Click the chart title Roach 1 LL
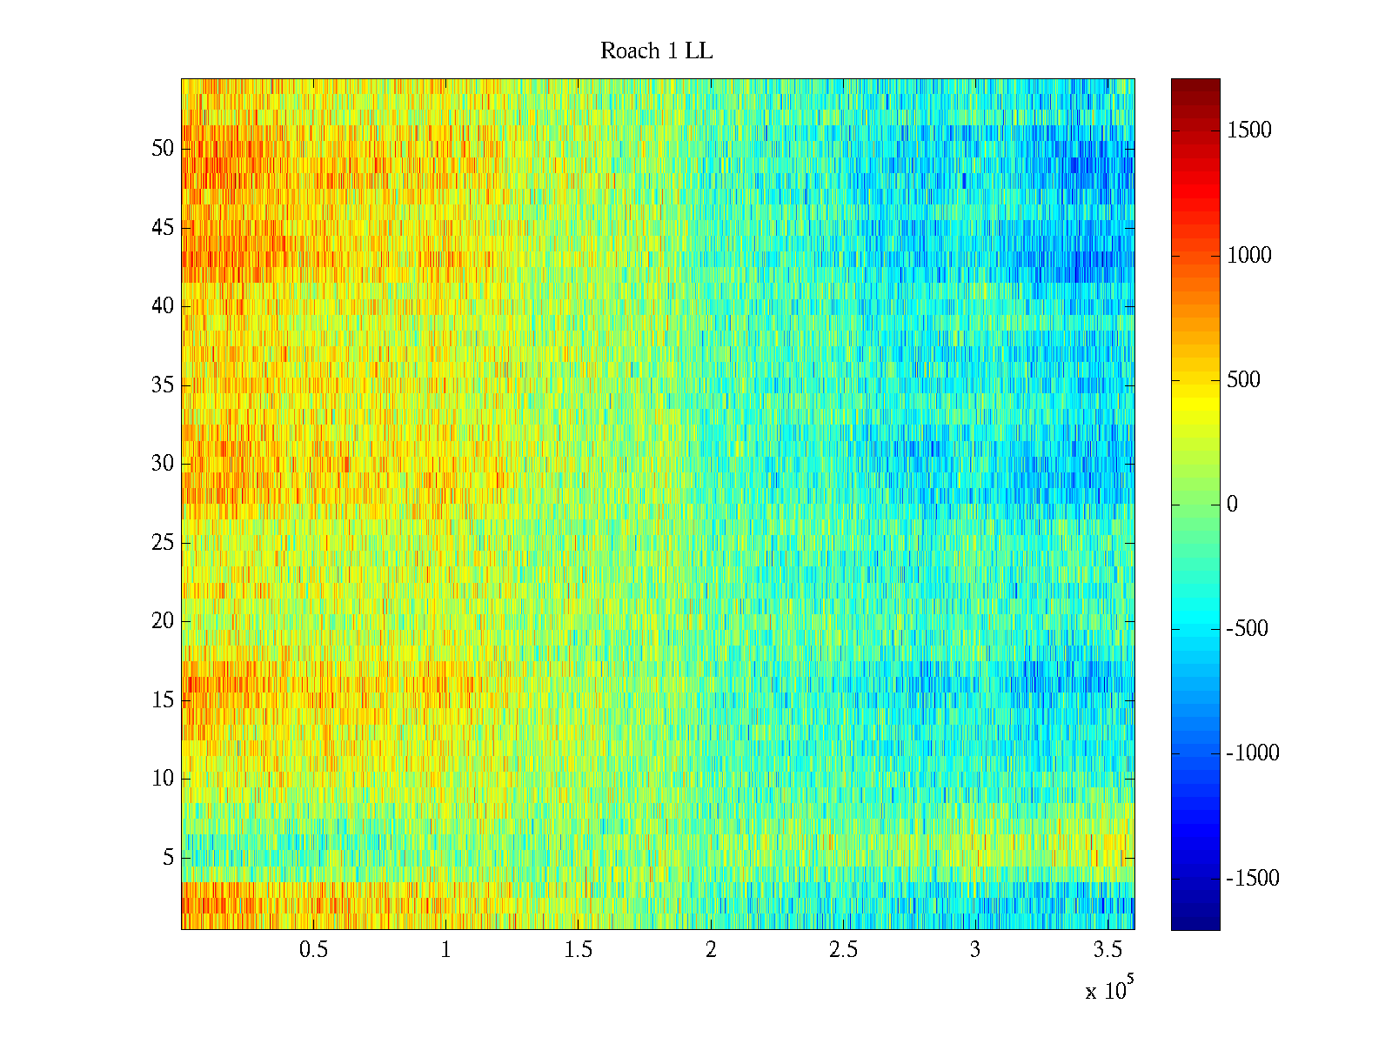pyautogui.click(x=656, y=51)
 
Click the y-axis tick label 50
pyautogui.click(x=163, y=149)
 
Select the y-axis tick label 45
pyautogui.click(x=163, y=228)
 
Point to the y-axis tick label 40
pyautogui.click(x=163, y=306)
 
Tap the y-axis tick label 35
pyautogui.click(x=163, y=385)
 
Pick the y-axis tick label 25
pyautogui.click(x=163, y=543)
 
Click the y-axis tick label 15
pyautogui.click(x=163, y=700)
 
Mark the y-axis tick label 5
pyautogui.click(x=168, y=858)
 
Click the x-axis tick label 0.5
pyautogui.click(x=313, y=950)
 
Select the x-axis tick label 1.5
pyautogui.click(x=578, y=950)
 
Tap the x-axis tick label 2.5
pyautogui.click(x=843, y=950)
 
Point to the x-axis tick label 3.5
pyautogui.click(x=1108, y=950)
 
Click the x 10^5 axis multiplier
pyautogui.click(x=1109, y=989)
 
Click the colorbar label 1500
pyautogui.click(x=1249, y=130)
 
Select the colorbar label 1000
pyautogui.click(x=1249, y=256)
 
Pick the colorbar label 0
pyautogui.click(x=1232, y=505)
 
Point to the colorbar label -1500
pyautogui.click(x=1252, y=879)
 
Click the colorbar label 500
pyautogui.click(x=1244, y=380)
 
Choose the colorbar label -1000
pyautogui.click(x=1252, y=753)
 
